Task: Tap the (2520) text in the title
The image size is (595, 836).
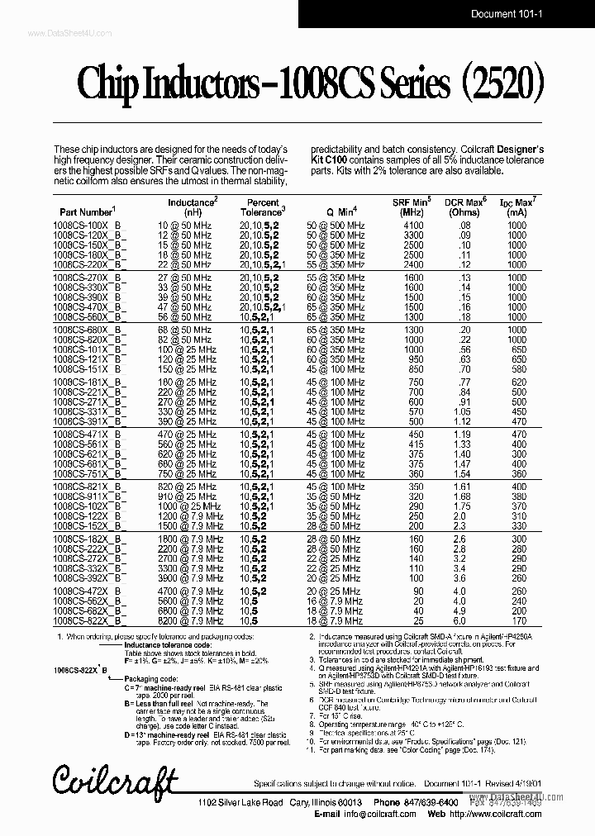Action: pos(502,84)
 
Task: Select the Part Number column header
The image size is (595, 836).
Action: pos(84,211)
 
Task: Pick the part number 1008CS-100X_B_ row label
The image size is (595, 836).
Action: pos(91,225)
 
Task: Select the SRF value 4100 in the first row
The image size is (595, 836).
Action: pos(413,225)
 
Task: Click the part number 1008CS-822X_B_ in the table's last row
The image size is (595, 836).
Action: pos(91,621)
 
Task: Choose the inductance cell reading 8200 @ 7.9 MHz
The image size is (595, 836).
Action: pos(191,621)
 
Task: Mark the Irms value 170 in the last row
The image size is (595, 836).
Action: pos(517,621)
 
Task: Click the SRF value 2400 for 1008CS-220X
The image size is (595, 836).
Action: pos(413,264)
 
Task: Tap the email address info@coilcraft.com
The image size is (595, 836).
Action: pos(372,814)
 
